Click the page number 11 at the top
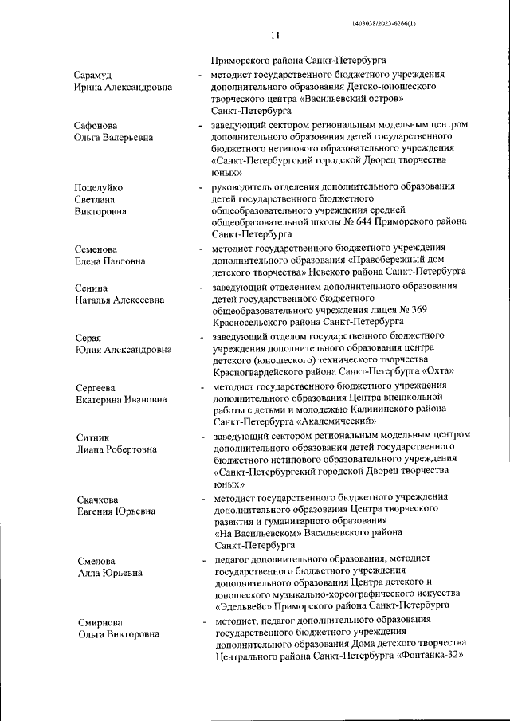pyautogui.click(x=275, y=35)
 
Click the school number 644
pyautogui.click(x=351, y=222)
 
